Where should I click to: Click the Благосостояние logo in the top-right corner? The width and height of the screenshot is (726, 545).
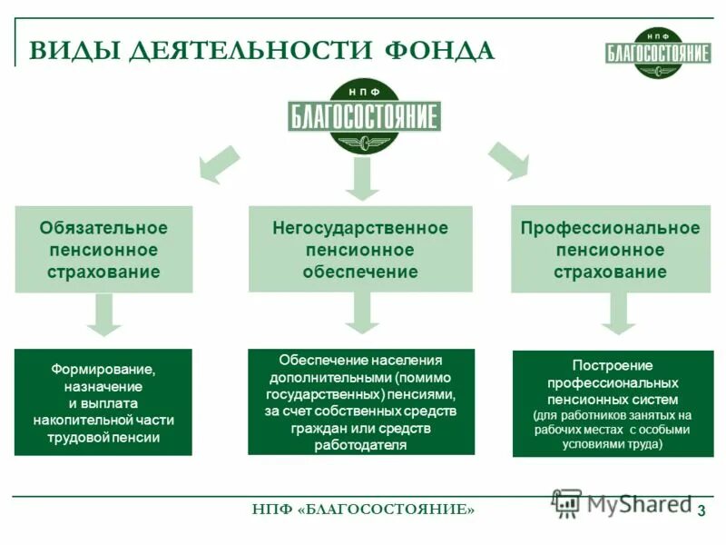(658, 51)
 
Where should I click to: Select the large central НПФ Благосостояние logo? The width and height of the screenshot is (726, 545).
(364, 116)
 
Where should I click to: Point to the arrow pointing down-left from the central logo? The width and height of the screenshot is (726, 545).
(219, 165)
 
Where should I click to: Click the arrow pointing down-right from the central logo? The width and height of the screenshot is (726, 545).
(507, 161)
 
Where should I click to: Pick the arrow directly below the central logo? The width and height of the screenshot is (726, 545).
(363, 179)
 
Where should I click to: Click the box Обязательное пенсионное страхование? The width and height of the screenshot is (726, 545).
(103, 249)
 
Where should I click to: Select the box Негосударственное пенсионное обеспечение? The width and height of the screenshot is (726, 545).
(360, 249)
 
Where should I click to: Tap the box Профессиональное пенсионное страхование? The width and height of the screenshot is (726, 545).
(610, 249)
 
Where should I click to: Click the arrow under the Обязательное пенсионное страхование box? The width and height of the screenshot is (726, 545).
(104, 315)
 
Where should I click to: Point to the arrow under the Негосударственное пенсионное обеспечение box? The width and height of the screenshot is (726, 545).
(361, 313)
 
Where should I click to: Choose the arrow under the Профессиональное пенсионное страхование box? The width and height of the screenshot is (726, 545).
(619, 314)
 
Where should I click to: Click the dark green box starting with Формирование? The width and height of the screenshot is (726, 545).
(103, 402)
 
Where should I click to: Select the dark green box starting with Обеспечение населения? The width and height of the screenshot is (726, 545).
(360, 402)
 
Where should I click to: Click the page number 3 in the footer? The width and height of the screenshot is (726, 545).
(701, 510)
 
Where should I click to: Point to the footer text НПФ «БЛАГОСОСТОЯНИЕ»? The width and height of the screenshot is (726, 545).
(363, 510)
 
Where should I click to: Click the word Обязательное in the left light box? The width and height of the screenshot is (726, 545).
(103, 228)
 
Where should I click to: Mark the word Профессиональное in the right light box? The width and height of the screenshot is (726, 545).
(610, 228)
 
